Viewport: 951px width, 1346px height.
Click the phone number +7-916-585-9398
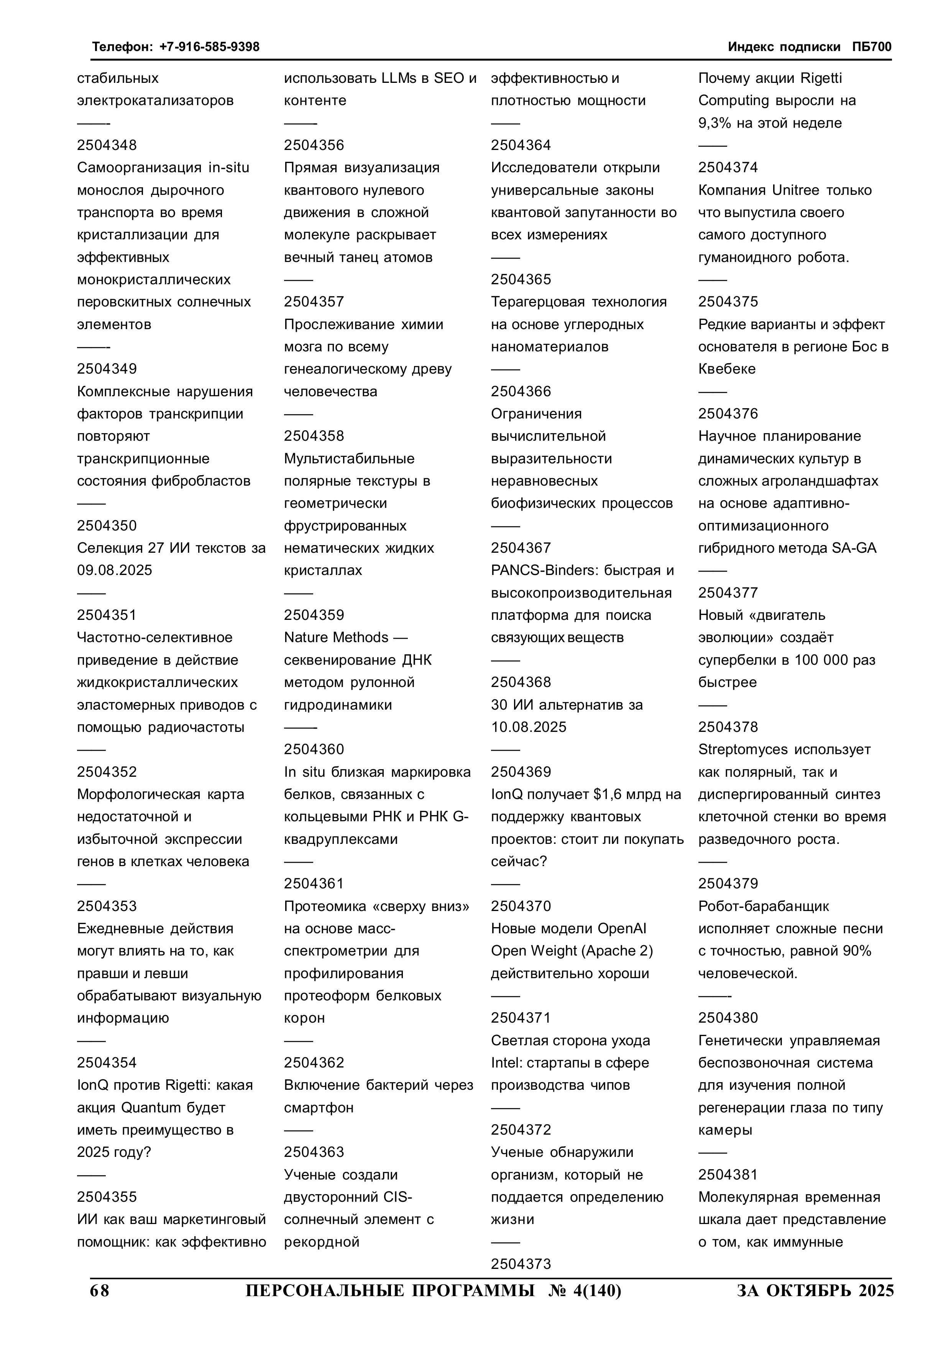pos(209,47)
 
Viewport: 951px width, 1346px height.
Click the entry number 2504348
pos(107,145)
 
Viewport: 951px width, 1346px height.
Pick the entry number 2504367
pos(521,548)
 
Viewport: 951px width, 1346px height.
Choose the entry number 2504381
pos(728,1175)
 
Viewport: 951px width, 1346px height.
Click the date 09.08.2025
pos(114,570)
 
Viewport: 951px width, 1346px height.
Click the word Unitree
pos(797,191)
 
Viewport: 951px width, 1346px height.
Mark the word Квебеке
pos(727,369)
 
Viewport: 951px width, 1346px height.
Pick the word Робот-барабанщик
pos(764,906)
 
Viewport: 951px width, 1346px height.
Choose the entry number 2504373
pos(521,1265)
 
